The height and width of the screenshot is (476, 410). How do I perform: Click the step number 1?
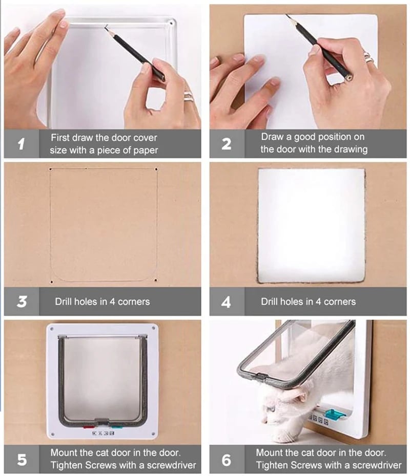click(21, 144)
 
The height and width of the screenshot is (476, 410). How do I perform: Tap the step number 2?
click(226, 144)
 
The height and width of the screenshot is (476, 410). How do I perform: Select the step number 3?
click(22, 301)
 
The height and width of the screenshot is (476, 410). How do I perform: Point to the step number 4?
click(226, 302)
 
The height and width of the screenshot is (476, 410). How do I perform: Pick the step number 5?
click(22, 460)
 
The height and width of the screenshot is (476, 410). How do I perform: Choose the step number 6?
click(227, 460)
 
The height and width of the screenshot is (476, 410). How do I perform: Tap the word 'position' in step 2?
click(330, 137)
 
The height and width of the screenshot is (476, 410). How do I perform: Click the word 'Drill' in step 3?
click(64, 301)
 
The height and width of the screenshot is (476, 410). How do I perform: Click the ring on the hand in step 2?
click(368, 57)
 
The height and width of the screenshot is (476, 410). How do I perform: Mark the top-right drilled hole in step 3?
click(156, 169)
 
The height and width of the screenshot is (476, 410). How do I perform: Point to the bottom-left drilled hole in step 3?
click(51, 282)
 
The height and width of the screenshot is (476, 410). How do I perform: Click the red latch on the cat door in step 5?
click(89, 427)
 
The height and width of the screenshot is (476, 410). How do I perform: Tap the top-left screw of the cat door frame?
click(52, 329)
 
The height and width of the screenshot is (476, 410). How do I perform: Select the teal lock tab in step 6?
click(334, 414)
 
